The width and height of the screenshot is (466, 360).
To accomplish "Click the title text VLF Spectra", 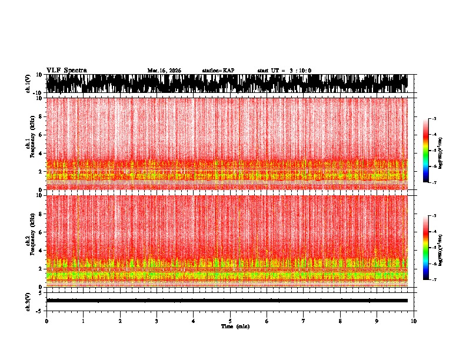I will [66, 71].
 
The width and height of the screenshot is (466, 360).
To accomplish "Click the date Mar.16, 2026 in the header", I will [164, 71].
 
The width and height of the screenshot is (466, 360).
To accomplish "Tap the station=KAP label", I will [218, 71].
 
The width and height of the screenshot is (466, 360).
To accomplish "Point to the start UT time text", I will [284, 71].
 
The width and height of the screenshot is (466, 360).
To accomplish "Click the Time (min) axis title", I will [235, 326].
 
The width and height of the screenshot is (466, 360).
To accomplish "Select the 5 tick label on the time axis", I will [230, 321].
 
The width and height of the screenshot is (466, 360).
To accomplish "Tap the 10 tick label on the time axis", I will [414, 321].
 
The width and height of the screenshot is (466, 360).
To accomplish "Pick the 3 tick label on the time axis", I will [157, 321].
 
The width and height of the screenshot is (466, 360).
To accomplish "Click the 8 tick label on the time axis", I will [340, 321].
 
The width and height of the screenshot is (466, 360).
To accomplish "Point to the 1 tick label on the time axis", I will [83, 321].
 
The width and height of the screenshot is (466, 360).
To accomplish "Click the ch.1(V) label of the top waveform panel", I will [28, 84].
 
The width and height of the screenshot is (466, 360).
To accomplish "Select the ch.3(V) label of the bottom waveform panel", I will [28, 301].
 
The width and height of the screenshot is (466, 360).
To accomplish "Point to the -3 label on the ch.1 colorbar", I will [434, 119].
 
